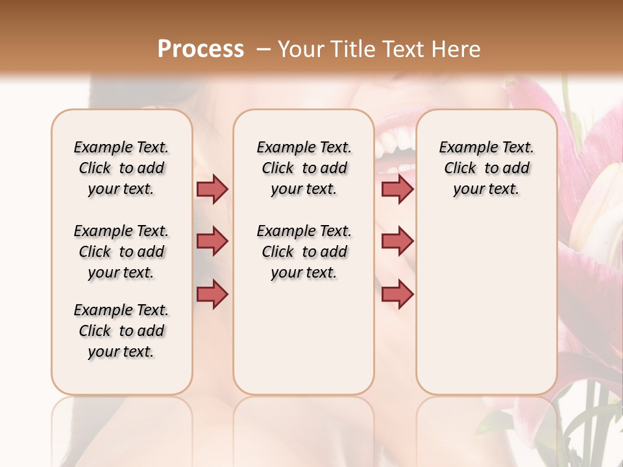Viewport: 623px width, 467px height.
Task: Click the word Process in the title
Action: pyautogui.click(x=201, y=49)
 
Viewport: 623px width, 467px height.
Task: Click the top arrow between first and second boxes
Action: pyautogui.click(x=212, y=189)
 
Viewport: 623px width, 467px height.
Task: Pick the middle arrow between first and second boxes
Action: pyautogui.click(x=212, y=241)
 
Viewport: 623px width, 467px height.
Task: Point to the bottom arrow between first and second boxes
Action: pyautogui.click(x=212, y=294)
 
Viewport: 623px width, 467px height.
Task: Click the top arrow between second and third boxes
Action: pyautogui.click(x=397, y=189)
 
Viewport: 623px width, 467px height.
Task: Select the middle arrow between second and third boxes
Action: pyautogui.click(x=397, y=241)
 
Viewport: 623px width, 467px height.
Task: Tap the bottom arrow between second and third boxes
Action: pyautogui.click(x=397, y=294)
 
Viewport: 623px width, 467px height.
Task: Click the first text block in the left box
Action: pyautogui.click(x=121, y=168)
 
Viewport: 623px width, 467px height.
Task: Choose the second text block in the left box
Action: pyautogui.click(x=121, y=252)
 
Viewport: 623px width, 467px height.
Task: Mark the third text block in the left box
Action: pyautogui.click(x=121, y=331)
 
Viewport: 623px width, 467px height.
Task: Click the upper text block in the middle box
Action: pyautogui.click(x=304, y=168)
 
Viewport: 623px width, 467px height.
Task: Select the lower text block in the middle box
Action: pyautogui.click(x=304, y=252)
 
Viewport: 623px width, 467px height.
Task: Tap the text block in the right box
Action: pyautogui.click(x=487, y=168)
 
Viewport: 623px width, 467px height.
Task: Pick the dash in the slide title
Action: pyautogui.click(x=263, y=49)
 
